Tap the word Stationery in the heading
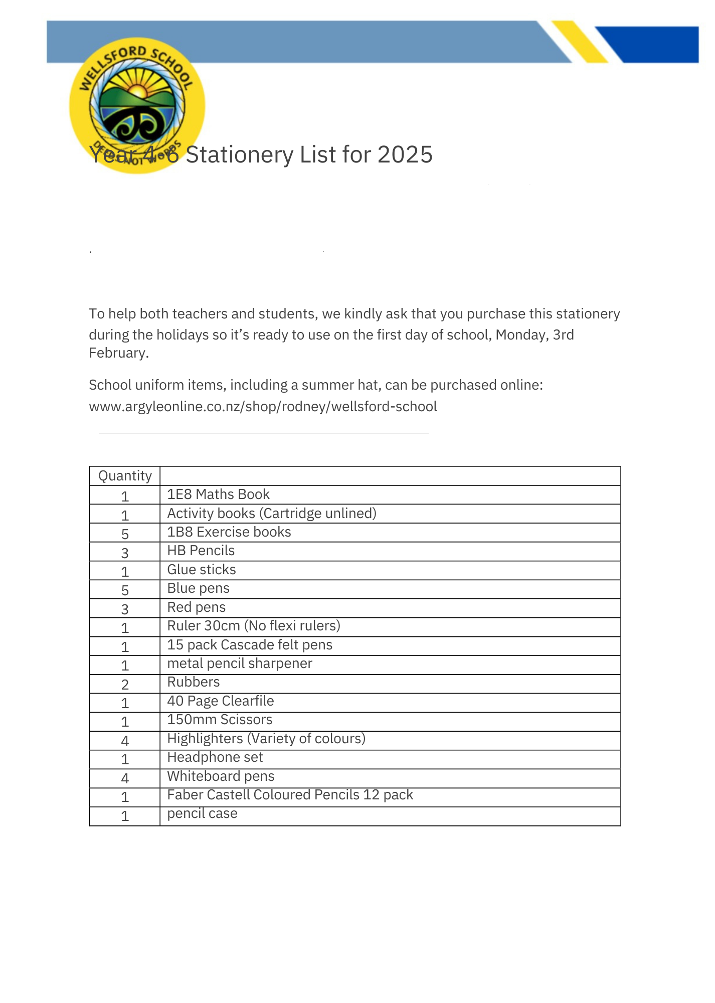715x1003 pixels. point(239,154)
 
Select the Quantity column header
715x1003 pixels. point(125,476)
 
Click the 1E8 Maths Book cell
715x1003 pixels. point(218,494)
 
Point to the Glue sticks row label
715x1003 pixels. point(201,570)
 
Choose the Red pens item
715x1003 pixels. point(196,607)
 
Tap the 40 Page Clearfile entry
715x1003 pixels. point(220,701)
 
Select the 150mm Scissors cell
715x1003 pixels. point(220,720)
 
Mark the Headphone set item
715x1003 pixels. point(215,757)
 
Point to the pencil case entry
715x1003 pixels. point(202,813)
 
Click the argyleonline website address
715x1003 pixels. point(263,407)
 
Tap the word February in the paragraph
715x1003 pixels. point(118,353)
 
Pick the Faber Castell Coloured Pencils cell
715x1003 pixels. point(290,795)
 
